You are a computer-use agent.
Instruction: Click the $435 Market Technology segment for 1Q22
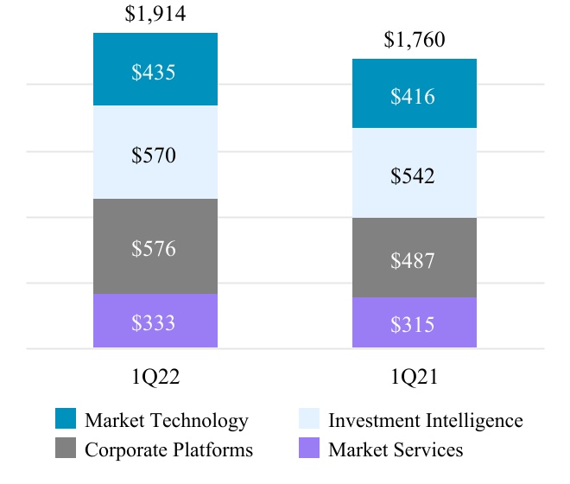[x=155, y=71]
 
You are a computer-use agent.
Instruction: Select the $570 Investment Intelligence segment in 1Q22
[x=155, y=154]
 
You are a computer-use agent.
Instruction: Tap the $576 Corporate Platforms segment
[x=155, y=248]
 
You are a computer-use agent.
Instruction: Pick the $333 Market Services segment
[x=155, y=322]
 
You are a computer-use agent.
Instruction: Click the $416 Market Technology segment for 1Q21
[x=414, y=95]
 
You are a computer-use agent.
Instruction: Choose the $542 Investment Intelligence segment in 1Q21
[x=414, y=175]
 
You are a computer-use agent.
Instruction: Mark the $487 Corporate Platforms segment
[x=414, y=259]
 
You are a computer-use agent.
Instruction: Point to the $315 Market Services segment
[x=414, y=324]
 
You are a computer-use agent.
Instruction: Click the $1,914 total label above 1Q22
[x=155, y=14]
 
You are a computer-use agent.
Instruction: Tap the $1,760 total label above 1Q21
[x=415, y=41]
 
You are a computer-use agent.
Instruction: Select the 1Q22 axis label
[x=155, y=377]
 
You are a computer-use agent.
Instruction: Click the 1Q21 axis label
[x=415, y=377]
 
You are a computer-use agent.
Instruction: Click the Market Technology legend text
[x=167, y=421]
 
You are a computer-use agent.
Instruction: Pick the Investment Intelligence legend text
[x=426, y=421]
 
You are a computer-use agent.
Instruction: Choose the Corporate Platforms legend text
[x=169, y=450]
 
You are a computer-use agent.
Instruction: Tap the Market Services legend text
[x=396, y=450]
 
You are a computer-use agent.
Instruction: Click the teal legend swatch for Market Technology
[x=66, y=419]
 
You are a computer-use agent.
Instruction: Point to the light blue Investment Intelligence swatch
[x=309, y=419]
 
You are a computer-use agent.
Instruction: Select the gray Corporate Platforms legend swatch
[x=66, y=449]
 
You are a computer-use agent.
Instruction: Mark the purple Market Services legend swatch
[x=309, y=449]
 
